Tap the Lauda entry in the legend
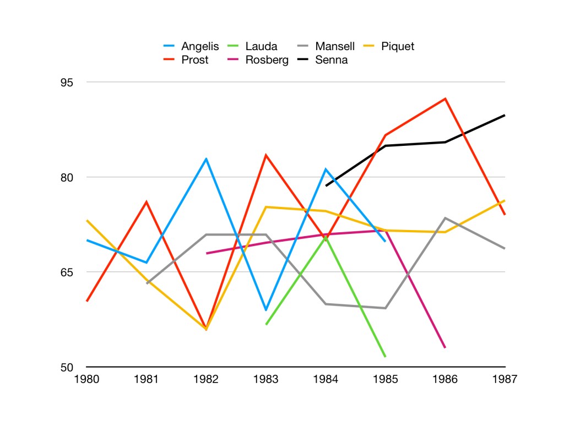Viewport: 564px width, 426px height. coord(261,46)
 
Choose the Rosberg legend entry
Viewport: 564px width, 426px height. coord(267,59)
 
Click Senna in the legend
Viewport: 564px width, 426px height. coord(331,59)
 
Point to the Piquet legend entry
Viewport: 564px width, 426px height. coord(397,46)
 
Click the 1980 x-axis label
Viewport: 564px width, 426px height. coord(87,379)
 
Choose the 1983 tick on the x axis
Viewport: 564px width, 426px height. coord(266,379)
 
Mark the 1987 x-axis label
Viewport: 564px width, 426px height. coord(505,379)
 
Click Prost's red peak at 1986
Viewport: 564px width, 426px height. coord(445,99)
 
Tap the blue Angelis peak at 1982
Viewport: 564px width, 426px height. coord(207,159)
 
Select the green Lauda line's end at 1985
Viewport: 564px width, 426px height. coord(385,357)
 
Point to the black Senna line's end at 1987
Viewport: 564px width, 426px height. coord(505,115)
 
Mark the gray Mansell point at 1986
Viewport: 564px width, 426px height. coord(445,218)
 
